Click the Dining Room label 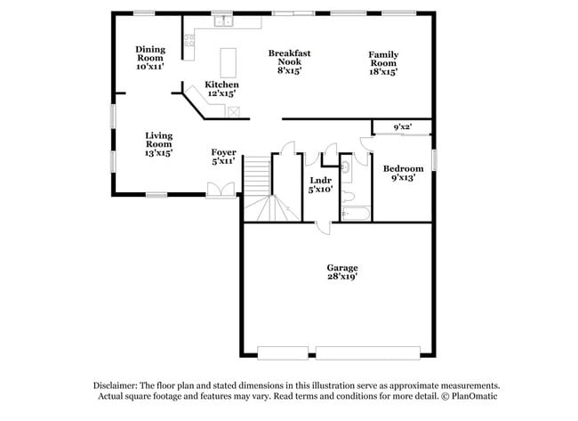coord(150,58)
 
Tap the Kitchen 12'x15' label coord(221,89)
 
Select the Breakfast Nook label coord(290,62)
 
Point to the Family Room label coord(383,63)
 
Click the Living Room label coord(158,144)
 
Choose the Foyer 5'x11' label coord(223,157)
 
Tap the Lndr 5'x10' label coord(320,184)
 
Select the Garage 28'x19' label coord(341,271)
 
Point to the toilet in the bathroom coord(349,195)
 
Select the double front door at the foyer coord(220,189)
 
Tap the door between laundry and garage coord(321,227)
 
